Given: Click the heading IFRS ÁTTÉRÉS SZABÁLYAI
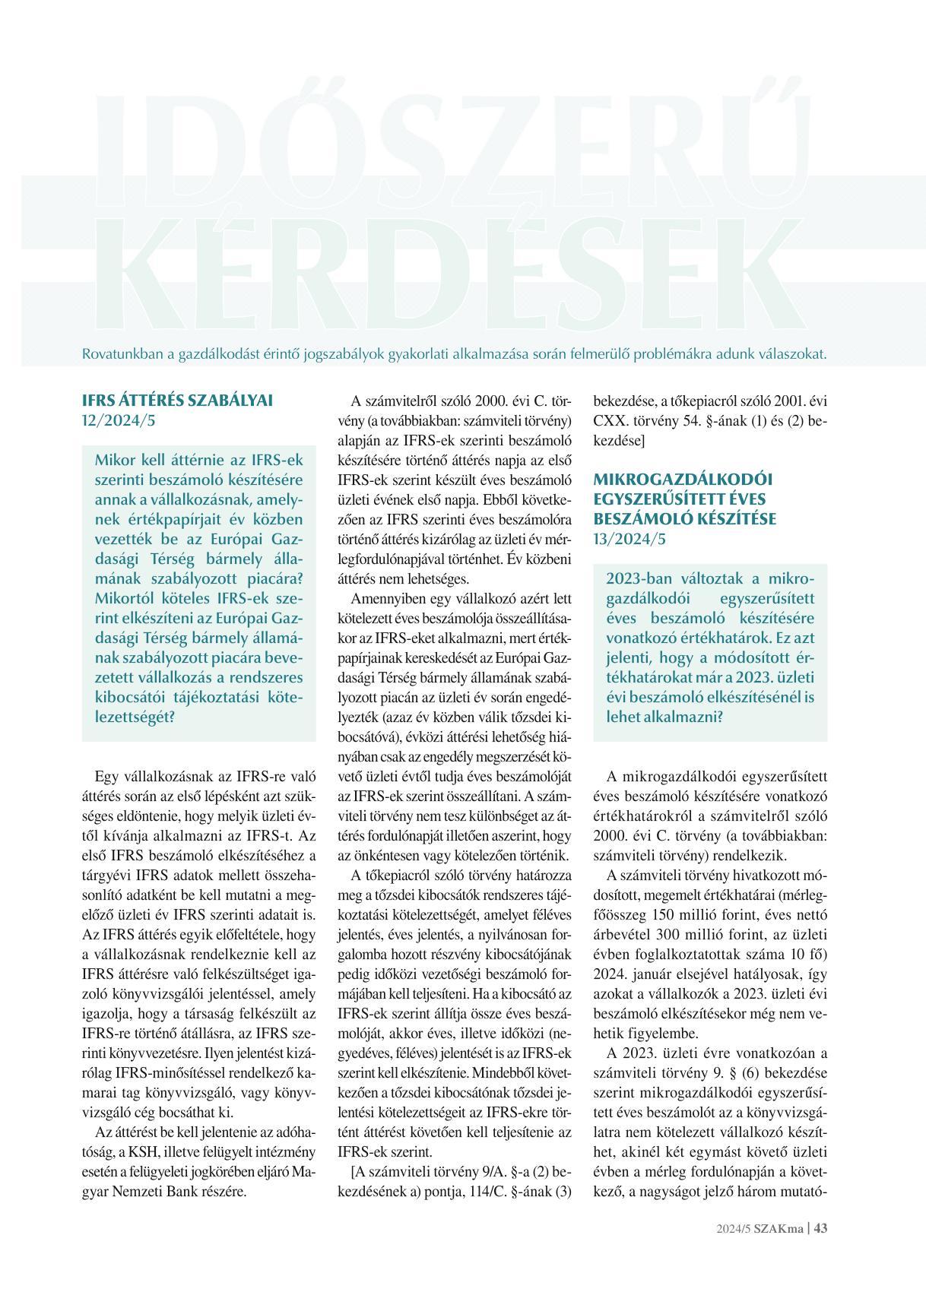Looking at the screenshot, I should click(x=176, y=400).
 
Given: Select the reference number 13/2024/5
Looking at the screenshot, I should click(x=629, y=539).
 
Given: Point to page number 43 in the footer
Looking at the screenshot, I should click(x=820, y=1249).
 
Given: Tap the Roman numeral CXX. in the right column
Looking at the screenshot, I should click(x=607, y=420).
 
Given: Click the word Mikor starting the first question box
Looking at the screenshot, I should click(x=116, y=460).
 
